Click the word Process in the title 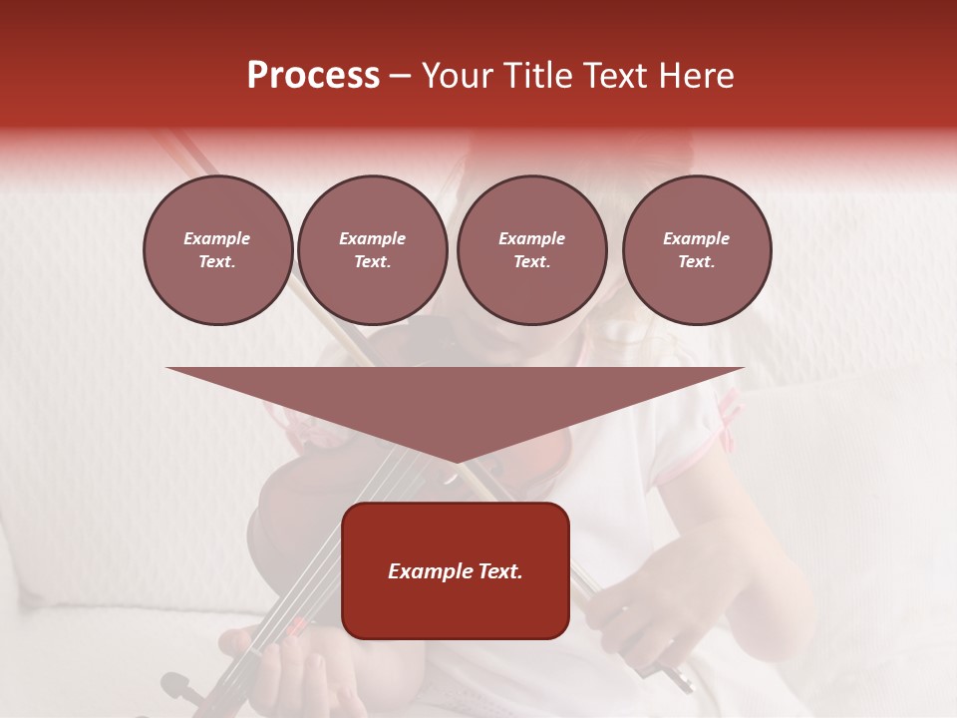pyautogui.click(x=313, y=76)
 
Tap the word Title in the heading pyautogui.click(x=535, y=76)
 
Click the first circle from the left pyautogui.click(x=217, y=250)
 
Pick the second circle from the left pyautogui.click(x=373, y=250)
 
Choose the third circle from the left pyautogui.click(x=531, y=250)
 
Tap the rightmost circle pyautogui.click(x=697, y=250)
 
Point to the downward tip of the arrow pyautogui.click(x=456, y=461)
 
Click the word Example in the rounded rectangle pyautogui.click(x=430, y=571)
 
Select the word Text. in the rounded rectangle pyautogui.click(x=499, y=571)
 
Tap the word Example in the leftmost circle pyautogui.click(x=217, y=238)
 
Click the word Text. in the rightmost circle pyautogui.click(x=697, y=262)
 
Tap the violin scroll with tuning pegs pyautogui.click(x=179, y=688)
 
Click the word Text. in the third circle pyautogui.click(x=531, y=262)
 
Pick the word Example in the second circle pyautogui.click(x=373, y=238)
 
